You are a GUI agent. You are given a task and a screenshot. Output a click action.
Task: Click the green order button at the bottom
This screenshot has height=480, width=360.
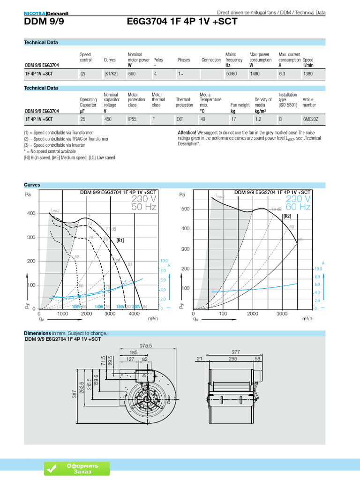click(x=77, y=468)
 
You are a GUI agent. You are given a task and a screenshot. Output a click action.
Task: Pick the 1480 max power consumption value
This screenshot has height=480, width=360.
click(x=255, y=74)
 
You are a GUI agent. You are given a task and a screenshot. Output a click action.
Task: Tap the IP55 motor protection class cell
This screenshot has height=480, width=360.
click(x=133, y=119)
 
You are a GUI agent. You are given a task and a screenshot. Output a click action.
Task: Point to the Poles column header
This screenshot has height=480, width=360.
click(x=158, y=60)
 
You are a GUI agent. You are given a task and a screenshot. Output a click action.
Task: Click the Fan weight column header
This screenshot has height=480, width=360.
click(x=240, y=105)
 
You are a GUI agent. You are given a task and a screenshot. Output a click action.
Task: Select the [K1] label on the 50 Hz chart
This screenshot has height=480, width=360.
click(x=120, y=240)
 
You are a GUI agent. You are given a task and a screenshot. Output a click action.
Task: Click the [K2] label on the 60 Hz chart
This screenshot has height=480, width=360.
click(x=287, y=216)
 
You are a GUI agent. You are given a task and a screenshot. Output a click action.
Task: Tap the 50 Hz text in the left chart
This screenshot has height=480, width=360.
click(x=144, y=207)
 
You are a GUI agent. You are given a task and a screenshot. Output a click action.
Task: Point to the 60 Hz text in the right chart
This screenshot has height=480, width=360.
click(x=298, y=207)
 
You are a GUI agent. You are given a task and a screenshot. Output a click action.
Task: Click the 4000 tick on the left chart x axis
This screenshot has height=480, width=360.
click(x=134, y=314)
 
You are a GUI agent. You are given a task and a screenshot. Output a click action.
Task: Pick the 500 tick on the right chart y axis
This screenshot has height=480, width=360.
click(x=186, y=209)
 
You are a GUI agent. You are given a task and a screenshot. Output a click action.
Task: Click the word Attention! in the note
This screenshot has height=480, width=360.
click(x=187, y=133)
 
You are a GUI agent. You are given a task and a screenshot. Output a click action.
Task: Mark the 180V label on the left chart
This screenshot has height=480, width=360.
click(x=120, y=307)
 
